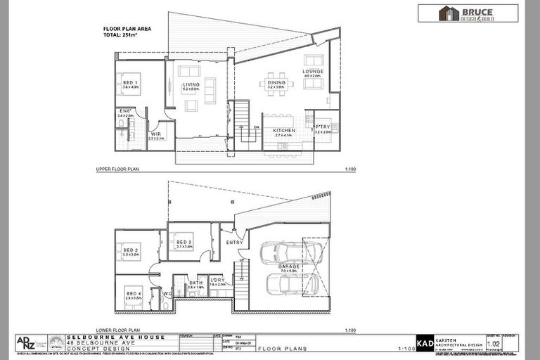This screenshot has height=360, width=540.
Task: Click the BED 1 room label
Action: (x=130, y=83)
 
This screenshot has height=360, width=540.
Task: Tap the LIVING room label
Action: (x=191, y=85)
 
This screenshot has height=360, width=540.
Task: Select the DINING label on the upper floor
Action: (x=276, y=83)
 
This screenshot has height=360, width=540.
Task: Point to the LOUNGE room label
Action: (x=313, y=72)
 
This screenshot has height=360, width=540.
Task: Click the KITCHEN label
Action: (x=283, y=130)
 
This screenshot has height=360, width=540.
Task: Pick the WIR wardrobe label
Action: (x=156, y=134)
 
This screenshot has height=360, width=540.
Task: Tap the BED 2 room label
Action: (x=131, y=250)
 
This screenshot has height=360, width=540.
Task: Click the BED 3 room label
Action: (x=184, y=242)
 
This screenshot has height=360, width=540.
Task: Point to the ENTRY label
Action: (x=234, y=243)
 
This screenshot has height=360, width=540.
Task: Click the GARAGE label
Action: (x=288, y=266)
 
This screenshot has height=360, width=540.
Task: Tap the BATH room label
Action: (x=195, y=283)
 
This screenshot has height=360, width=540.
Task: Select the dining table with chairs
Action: (x=276, y=83)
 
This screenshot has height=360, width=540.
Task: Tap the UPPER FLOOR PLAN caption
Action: (x=118, y=170)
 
